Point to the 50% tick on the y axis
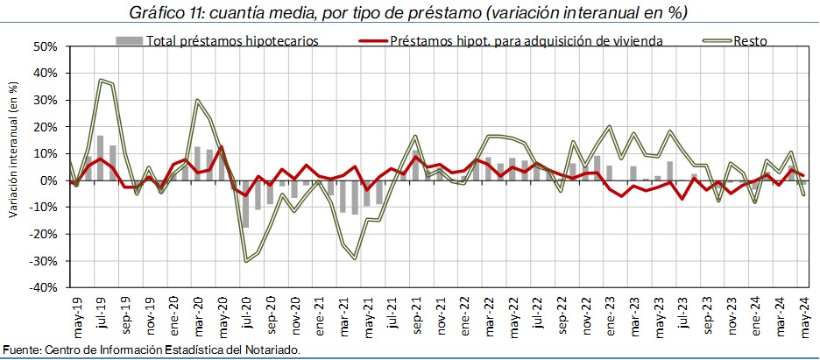[x=45, y=46]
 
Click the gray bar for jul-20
[x=246, y=203]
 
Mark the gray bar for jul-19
[x=101, y=159]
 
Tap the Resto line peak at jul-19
[x=101, y=81]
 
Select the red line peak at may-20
[x=222, y=146]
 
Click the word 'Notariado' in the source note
[x=272, y=349]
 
